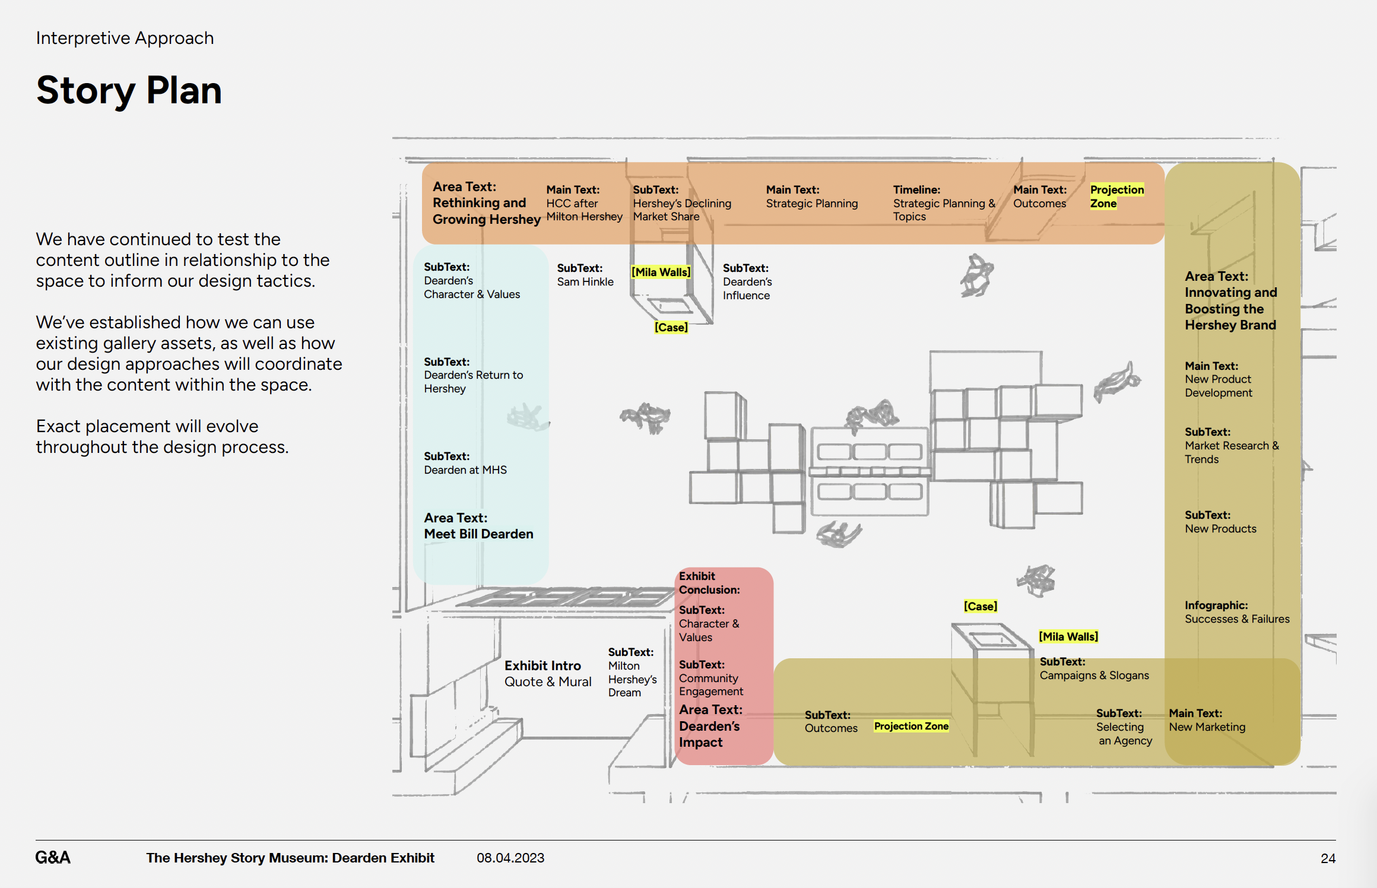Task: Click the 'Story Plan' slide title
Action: pos(129,90)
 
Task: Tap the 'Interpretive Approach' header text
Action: pos(125,38)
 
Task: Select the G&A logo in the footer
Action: pos(53,857)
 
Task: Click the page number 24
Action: pos(1328,858)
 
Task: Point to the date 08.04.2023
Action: pos(510,858)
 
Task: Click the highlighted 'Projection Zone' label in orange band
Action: pos(1116,196)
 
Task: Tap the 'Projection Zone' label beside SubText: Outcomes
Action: pos(911,726)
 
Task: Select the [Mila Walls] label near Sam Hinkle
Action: pos(661,272)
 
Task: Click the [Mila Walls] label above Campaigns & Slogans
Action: pos(1068,636)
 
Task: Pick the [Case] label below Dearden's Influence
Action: pos(671,327)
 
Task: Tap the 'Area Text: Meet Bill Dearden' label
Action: pos(478,526)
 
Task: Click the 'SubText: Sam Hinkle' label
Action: pos(585,275)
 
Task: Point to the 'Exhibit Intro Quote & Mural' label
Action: pos(548,674)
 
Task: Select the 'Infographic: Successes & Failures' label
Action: pos(1237,612)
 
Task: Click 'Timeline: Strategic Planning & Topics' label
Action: pos(944,203)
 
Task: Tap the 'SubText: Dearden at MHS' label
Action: pos(465,463)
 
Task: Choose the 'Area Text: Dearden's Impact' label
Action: pos(710,726)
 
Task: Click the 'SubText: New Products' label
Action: pos(1220,522)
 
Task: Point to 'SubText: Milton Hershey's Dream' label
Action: pos(632,672)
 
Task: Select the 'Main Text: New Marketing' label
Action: pos(1207,720)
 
